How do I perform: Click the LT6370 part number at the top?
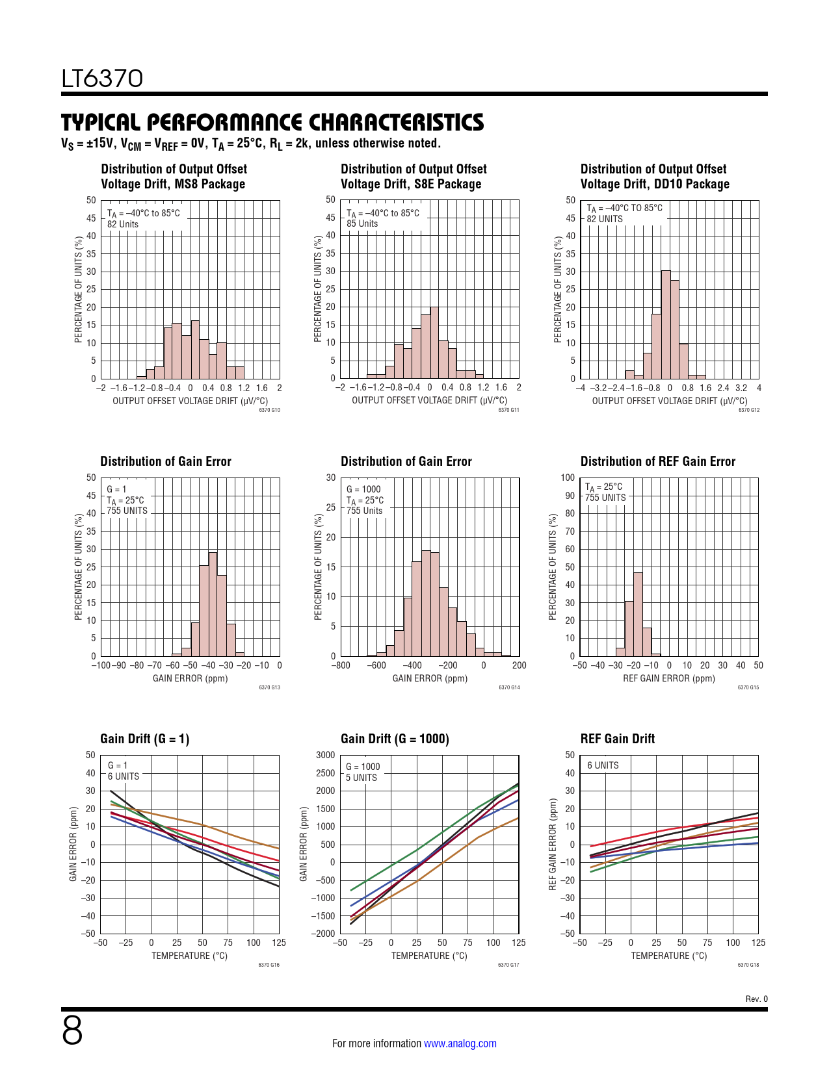(102, 79)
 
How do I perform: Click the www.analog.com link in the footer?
(460, 1043)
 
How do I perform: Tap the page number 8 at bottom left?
(72, 1030)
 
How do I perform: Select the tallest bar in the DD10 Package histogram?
(666, 325)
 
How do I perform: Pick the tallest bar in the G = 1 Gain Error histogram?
(213, 604)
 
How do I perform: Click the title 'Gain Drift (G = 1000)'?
(395, 739)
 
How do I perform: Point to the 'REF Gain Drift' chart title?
(617, 739)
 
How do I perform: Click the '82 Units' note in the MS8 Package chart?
(123, 224)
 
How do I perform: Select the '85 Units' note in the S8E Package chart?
(362, 223)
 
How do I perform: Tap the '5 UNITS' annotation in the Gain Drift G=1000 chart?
(362, 778)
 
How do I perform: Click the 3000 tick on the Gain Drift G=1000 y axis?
(326, 755)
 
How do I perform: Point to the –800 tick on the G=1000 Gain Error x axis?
(341, 665)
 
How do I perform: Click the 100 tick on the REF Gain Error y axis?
(568, 478)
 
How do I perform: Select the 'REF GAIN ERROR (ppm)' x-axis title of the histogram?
(668, 678)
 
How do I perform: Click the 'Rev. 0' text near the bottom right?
(756, 999)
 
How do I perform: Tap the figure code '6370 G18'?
(748, 965)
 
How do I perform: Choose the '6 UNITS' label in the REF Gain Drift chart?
(603, 765)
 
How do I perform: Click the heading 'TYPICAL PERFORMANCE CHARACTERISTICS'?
(272, 123)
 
